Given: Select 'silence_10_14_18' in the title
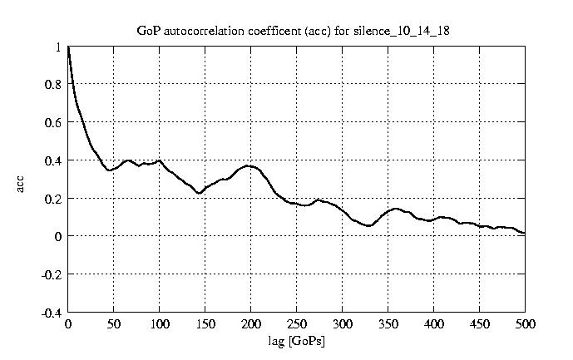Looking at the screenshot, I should (410, 31).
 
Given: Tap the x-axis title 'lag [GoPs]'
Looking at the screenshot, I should (297, 341).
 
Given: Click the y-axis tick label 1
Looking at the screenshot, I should (58, 47).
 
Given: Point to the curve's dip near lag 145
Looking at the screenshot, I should (200, 193).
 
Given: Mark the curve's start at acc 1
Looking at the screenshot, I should (69, 47).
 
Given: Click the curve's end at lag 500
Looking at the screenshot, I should (525, 233).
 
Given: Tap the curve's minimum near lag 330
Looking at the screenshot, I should (369, 225).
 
